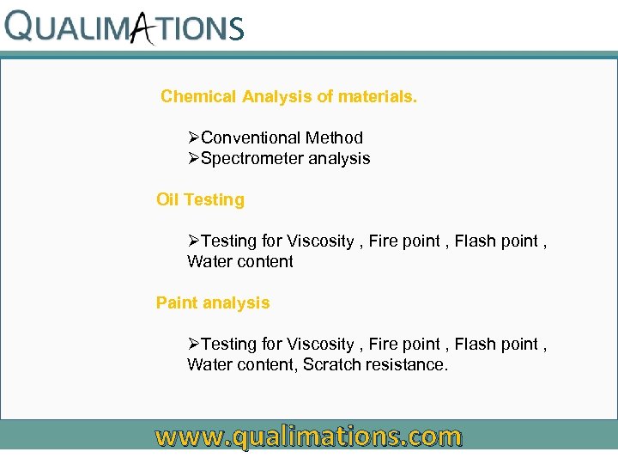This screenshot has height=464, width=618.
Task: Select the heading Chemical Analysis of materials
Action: click(x=288, y=96)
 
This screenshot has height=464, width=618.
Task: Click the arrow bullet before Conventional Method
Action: click(x=194, y=137)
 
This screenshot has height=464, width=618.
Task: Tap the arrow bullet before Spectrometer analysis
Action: click(x=194, y=158)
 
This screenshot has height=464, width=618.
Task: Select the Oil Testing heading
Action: click(x=200, y=199)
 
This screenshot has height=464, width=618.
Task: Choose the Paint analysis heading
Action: click(x=212, y=302)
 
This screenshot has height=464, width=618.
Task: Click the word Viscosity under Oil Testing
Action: click(x=319, y=241)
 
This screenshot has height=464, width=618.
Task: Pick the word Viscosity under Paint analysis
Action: click(x=319, y=344)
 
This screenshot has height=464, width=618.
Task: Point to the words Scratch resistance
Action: click(x=375, y=364)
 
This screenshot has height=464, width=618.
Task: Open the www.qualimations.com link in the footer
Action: click(x=308, y=437)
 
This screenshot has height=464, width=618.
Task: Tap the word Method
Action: click(x=334, y=137)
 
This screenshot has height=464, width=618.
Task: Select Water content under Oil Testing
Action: click(x=240, y=261)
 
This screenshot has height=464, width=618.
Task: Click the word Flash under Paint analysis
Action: click(x=475, y=344)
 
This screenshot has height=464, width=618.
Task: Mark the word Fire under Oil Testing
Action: click(x=385, y=241)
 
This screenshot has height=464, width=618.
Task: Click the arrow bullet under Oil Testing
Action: click(x=194, y=241)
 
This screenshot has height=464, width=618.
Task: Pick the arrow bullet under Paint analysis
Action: click(x=194, y=344)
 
